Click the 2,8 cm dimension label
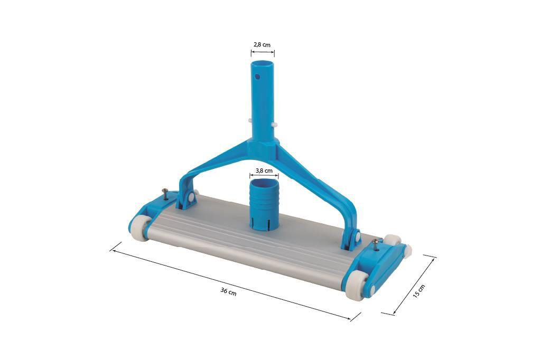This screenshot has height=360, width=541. pyautogui.click(x=262, y=45)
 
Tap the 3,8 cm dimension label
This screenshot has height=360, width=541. pyautogui.click(x=264, y=170)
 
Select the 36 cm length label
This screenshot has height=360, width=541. pyautogui.click(x=228, y=292)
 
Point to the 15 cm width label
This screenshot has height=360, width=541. pyautogui.click(x=418, y=291)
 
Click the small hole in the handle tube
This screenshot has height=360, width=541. pyautogui.click(x=257, y=76)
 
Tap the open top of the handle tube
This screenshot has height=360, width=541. pyautogui.click(x=262, y=64)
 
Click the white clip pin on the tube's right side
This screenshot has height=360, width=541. pyautogui.click(x=276, y=125)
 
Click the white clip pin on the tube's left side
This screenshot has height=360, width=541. pyautogui.click(x=249, y=120)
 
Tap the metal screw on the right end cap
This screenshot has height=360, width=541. pyautogui.click(x=375, y=244)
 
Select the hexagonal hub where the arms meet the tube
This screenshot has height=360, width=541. pyautogui.click(x=263, y=144)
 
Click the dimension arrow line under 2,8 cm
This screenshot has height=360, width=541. pyautogui.click(x=262, y=52)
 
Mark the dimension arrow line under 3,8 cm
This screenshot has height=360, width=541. pyautogui.click(x=264, y=177)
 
